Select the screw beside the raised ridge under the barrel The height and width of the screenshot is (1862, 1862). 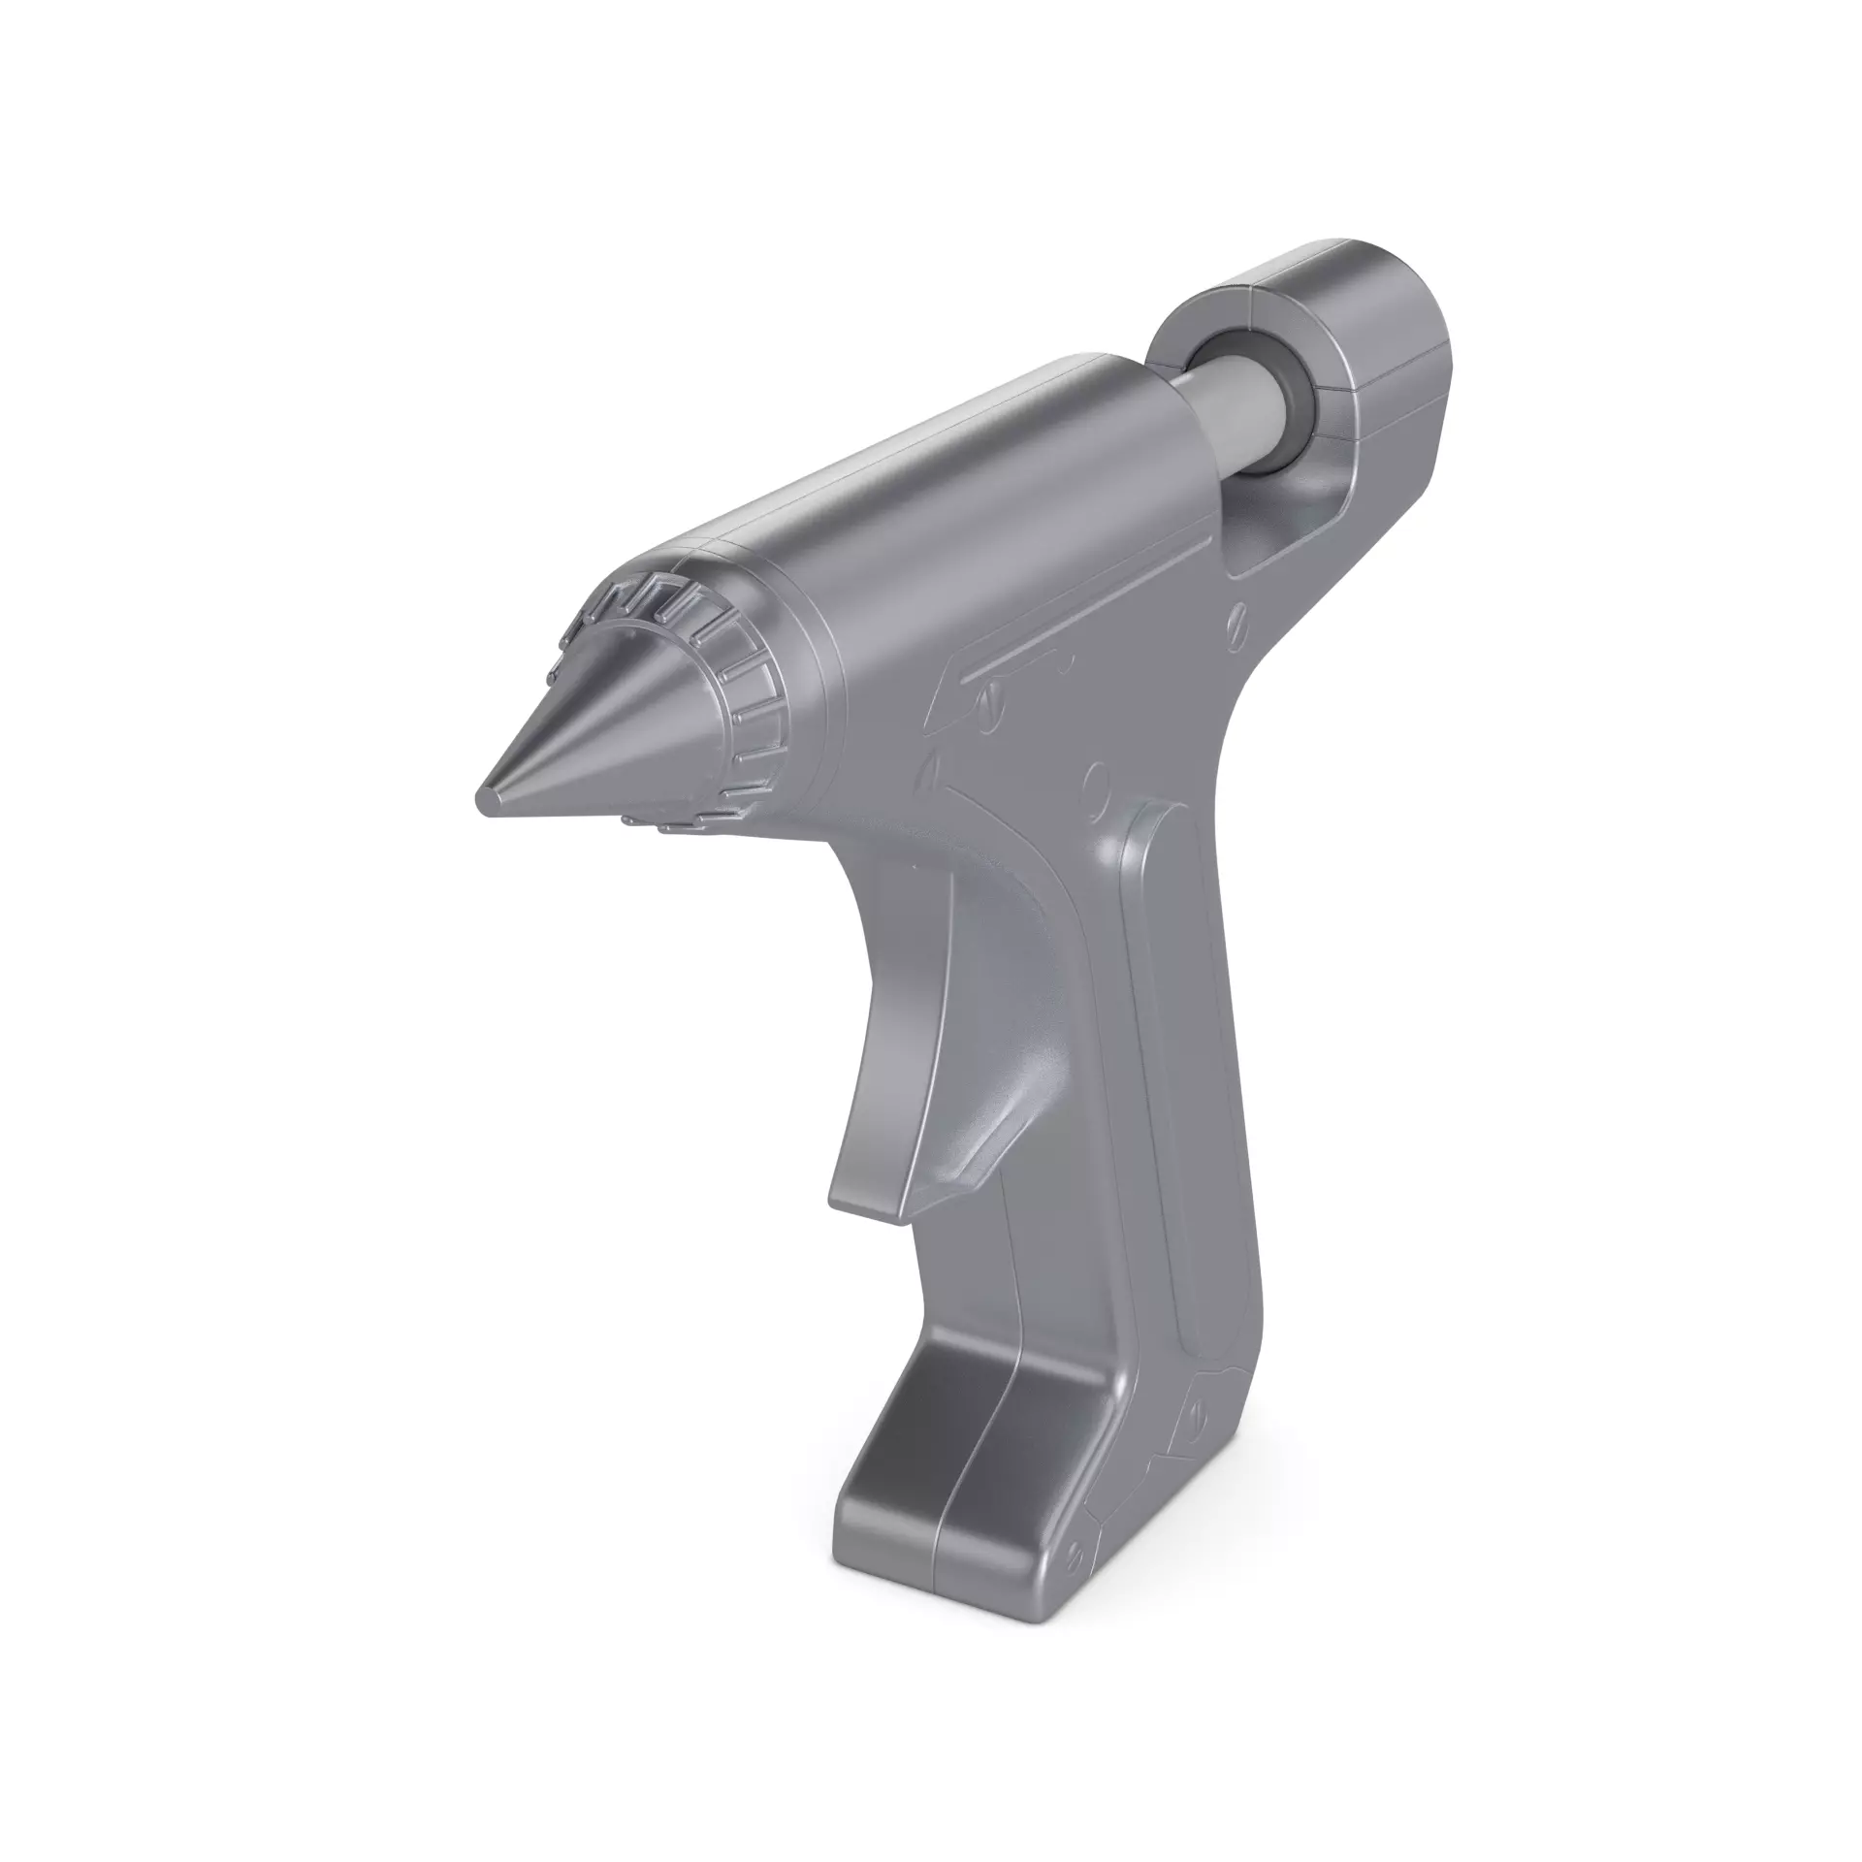click(991, 695)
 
